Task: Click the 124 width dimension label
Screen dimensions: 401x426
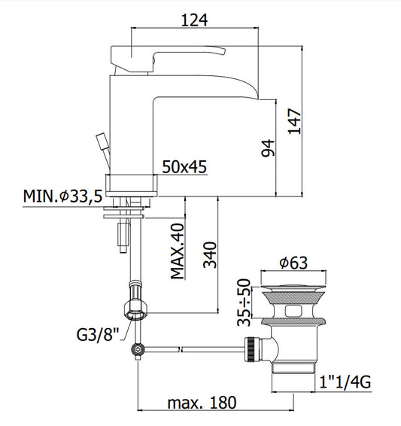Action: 194,20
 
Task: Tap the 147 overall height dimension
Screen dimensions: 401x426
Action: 295,121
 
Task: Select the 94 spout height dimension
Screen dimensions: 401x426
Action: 268,148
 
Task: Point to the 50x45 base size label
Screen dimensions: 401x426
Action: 184,166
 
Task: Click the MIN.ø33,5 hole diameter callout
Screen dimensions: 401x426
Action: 62,196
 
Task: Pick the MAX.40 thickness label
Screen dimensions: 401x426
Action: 178,251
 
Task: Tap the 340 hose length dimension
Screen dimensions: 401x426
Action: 210,255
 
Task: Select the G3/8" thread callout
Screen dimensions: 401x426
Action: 98,334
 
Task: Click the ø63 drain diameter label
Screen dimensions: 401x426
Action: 293,263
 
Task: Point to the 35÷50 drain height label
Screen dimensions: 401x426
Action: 244,302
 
